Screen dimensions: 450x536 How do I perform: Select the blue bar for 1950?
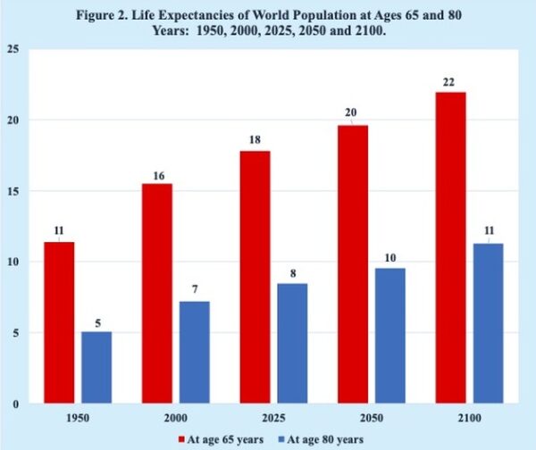[x=96, y=368]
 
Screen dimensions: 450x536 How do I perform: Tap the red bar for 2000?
[x=157, y=294]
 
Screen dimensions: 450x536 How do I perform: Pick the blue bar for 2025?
[x=292, y=344]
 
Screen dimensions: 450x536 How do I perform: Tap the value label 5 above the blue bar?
[x=96, y=321]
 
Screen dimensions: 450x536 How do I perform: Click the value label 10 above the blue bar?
[x=390, y=257]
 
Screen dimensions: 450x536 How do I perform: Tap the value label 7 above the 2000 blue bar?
[x=195, y=292]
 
